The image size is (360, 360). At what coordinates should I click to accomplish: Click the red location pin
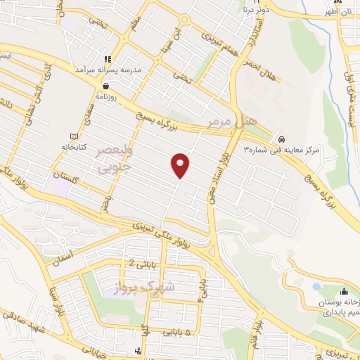pyautogui.click(x=181, y=165)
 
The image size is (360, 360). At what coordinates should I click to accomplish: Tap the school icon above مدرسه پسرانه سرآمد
pyautogui.click(x=108, y=59)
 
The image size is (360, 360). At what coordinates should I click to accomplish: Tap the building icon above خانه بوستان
pyautogui.click(x=345, y=291)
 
